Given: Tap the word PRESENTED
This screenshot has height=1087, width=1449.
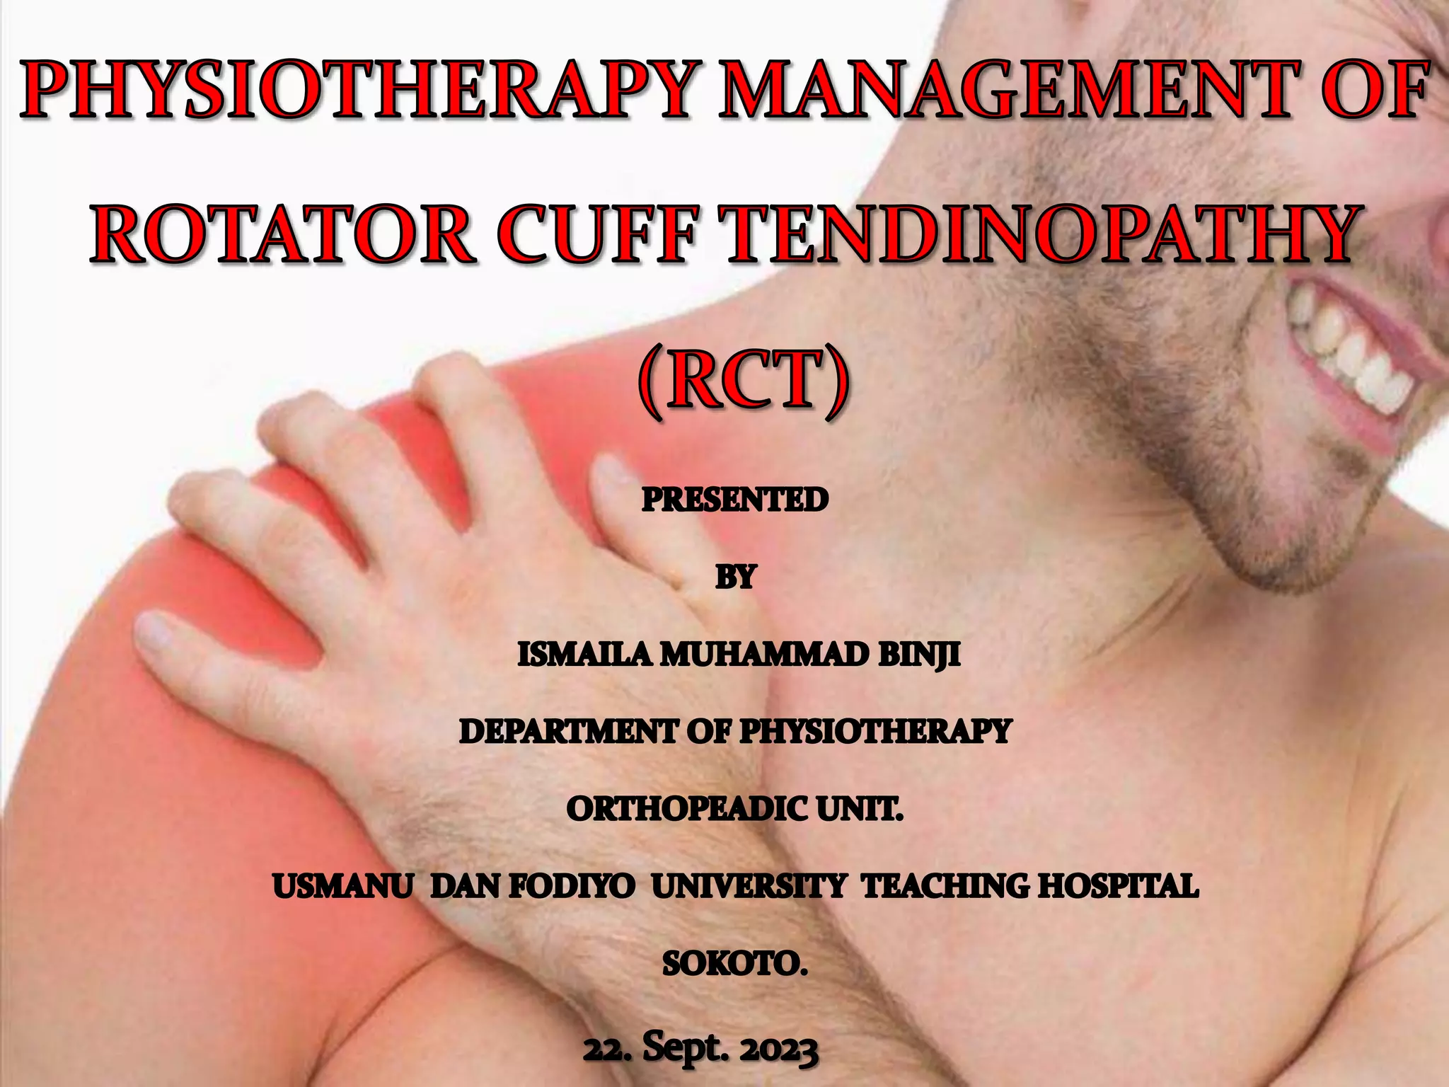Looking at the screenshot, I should click(735, 500).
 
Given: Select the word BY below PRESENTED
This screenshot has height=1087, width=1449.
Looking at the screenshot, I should click(736, 577).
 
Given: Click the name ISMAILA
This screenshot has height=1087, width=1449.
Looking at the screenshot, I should click(584, 655).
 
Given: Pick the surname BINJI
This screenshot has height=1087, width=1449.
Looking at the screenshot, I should click(918, 655).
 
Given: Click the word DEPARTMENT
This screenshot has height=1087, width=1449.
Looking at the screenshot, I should click(567, 732).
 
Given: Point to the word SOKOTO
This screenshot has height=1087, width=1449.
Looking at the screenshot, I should click(734, 964).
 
